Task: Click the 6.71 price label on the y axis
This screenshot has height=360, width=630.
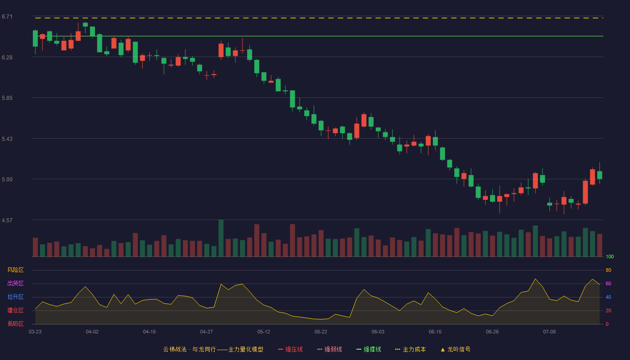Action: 7,17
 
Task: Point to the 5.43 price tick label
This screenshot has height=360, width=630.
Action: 7,139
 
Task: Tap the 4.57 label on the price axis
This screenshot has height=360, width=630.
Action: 7,220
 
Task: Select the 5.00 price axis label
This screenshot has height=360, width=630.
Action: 7,180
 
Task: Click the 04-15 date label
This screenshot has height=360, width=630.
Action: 149,332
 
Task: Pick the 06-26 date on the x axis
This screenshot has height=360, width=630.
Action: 492,332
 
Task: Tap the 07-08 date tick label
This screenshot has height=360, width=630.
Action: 549,332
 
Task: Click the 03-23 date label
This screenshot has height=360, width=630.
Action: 35,332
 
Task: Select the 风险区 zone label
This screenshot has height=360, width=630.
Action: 15,270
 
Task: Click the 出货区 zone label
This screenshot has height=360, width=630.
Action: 15,283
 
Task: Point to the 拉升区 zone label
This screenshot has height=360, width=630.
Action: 15,297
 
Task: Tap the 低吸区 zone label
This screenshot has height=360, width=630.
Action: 15,324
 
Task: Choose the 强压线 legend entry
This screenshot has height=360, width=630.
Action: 290,349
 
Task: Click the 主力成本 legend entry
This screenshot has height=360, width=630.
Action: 410,349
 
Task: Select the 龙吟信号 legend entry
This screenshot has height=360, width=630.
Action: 455,349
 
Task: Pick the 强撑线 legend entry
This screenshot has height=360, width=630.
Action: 369,349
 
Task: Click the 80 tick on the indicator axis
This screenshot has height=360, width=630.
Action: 608,270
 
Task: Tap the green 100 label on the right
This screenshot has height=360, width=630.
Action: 610,256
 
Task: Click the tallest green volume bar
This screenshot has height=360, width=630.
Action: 221,238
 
